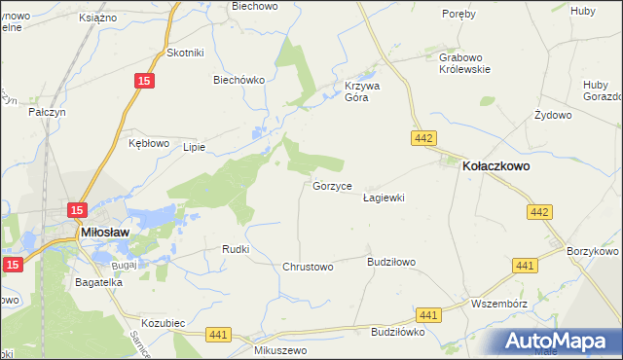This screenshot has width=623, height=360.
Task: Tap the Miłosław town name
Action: pos(112,232)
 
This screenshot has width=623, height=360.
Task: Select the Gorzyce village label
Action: pos(332,185)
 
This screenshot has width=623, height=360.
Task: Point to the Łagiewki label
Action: pos(383,198)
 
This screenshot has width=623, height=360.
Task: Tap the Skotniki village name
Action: pos(185,53)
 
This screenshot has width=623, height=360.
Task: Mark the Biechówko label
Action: pos(239,81)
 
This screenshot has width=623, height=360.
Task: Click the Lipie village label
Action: pos(193,148)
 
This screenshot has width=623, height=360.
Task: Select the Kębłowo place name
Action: pos(149,143)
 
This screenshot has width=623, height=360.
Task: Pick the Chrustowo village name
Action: pos(308,267)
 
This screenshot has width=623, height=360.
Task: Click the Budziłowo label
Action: pos(391,262)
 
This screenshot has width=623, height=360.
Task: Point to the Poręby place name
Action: pos(458,14)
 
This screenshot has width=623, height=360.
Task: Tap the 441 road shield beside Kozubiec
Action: pos(218,335)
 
